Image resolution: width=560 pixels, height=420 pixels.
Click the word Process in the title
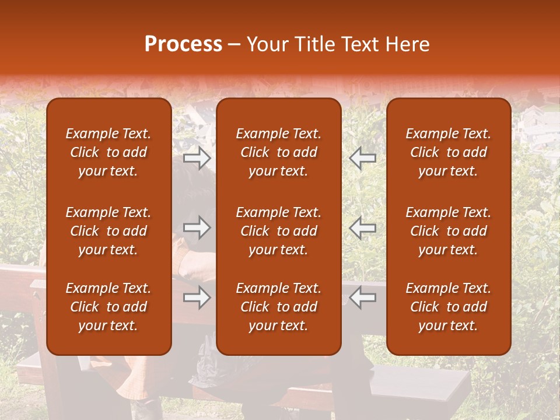pyautogui.click(x=183, y=44)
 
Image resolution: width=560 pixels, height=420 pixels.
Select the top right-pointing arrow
pyautogui.click(x=197, y=157)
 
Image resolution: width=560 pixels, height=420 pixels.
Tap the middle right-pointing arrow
pyautogui.click(x=197, y=228)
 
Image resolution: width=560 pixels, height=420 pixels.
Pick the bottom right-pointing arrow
pyautogui.click(x=197, y=298)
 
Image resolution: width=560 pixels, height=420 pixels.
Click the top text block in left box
pyautogui.click(x=108, y=152)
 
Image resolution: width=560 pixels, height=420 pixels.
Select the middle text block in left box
pyautogui.click(x=108, y=231)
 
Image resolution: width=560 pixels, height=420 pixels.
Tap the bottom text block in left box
pyautogui.click(x=108, y=307)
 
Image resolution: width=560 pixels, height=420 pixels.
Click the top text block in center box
pyautogui.click(x=279, y=152)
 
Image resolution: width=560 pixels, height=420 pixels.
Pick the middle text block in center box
pyautogui.click(x=279, y=231)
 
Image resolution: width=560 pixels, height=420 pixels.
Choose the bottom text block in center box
pyautogui.click(x=279, y=307)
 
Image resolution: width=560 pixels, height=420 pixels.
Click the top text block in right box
pyautogui.click(x=449, y=152)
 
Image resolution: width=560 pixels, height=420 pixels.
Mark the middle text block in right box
pyautogui.click(x=449, y=231)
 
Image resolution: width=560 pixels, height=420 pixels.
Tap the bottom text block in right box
pyautogui.click(x=449, y=307)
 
